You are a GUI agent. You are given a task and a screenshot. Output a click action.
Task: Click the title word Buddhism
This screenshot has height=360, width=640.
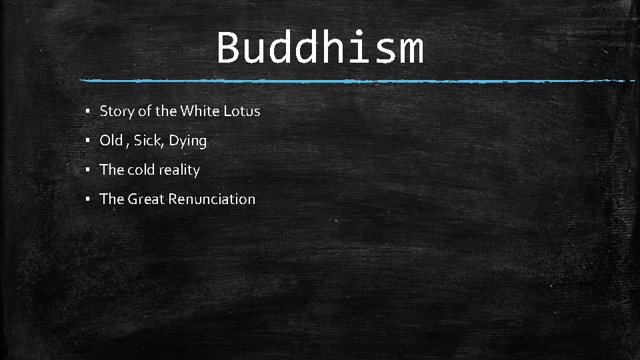point(320,48)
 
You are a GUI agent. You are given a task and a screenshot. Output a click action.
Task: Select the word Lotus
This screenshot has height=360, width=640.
point(241,111)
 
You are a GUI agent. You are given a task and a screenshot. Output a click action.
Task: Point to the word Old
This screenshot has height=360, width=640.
point(111,141)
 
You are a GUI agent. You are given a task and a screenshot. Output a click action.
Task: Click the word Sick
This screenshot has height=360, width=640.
point(147,141)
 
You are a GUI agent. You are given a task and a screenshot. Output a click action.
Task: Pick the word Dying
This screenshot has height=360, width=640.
point(188,141)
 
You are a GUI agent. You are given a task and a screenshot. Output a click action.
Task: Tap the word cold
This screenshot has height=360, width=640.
point(141,170)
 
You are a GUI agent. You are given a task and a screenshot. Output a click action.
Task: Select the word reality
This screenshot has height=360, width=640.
point(179,171)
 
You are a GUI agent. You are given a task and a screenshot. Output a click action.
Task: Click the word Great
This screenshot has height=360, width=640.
point(146,199)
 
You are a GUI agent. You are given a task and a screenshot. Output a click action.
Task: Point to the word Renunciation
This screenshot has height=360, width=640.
point(211,199)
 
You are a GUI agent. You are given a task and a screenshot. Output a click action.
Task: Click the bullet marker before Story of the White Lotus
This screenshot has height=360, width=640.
point(88,112)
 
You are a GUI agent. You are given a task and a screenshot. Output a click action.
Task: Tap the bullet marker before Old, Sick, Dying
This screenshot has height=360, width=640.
point(88,141)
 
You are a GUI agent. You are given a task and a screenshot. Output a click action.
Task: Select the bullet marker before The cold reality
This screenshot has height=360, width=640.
point(88,171)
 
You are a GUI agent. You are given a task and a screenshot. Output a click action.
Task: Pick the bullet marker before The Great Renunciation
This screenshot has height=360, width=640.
point(88,200)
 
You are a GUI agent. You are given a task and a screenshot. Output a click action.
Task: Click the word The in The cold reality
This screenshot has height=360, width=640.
point(111,170)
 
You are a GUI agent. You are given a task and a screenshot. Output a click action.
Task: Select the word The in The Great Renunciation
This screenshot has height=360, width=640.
point(111,199)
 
